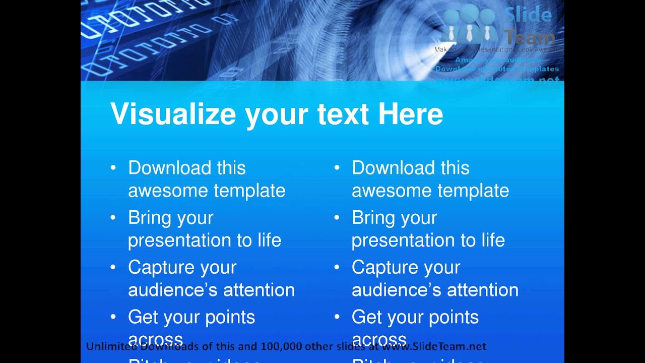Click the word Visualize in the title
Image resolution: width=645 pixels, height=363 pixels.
tap(173, 114)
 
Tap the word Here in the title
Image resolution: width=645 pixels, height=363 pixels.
tap(410, 114)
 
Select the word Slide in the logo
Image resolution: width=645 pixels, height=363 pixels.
tap(528, 15)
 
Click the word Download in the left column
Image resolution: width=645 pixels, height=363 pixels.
tap(169, 168)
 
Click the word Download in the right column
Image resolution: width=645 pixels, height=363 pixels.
tap(393, 168)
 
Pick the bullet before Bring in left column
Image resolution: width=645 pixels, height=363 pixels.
tap(113, 218)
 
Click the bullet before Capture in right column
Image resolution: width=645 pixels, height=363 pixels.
tap(337, 267)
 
